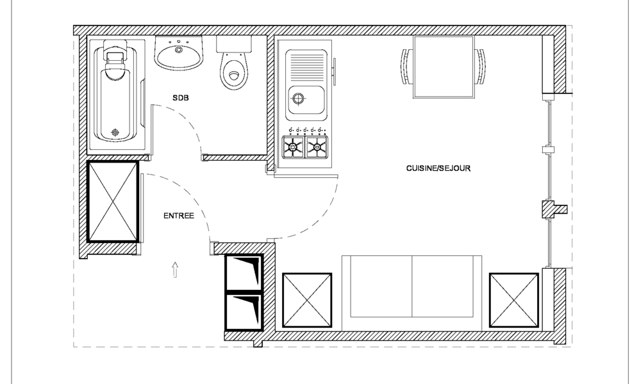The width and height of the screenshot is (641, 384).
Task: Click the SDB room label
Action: [x=180, y=98]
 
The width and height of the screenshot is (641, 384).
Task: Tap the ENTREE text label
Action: [x=179, y=216]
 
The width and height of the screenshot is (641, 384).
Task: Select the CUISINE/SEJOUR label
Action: [x=438, y=169]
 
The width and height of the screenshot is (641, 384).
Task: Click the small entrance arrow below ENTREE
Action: [x=176, y=269]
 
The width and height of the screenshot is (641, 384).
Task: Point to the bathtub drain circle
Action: [x=115, y=132]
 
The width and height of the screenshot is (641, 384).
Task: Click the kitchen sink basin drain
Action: [x=297, y=99]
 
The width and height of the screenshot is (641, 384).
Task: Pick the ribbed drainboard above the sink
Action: [x=307, y=64]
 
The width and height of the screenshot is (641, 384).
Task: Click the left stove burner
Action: [x=294, y=147]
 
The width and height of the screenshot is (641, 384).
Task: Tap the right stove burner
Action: [x=317, y=147]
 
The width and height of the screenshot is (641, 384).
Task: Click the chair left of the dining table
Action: [x=406, y=67]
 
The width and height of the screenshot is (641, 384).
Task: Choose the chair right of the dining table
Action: [x=480, y=67]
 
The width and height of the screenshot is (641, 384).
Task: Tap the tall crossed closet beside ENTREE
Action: [x=113, y=201]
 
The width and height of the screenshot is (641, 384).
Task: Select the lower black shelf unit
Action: [x=244, y=310]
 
